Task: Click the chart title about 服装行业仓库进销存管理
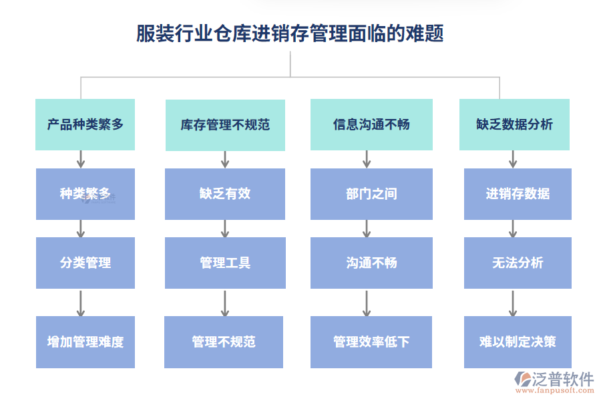[290, 33]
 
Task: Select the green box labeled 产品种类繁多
[85, 124]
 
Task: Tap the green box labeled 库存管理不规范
[225, 125]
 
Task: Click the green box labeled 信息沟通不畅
[371, 124]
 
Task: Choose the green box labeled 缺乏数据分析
[514, 124]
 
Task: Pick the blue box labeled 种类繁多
[85, 194]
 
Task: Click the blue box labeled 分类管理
[85, 263]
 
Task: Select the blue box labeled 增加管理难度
[85, 342]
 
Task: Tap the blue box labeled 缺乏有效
[225, 194]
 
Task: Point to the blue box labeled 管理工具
[225, 263]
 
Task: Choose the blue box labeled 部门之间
[371, 194]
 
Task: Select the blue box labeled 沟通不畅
[371, 263]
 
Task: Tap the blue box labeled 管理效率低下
[371, 342]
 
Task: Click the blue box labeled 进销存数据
[518, 194]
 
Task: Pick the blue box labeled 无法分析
[518, 263]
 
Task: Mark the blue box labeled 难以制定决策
[518, 342]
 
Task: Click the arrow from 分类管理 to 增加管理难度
[81, 303]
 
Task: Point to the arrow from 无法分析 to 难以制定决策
[513, 303]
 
